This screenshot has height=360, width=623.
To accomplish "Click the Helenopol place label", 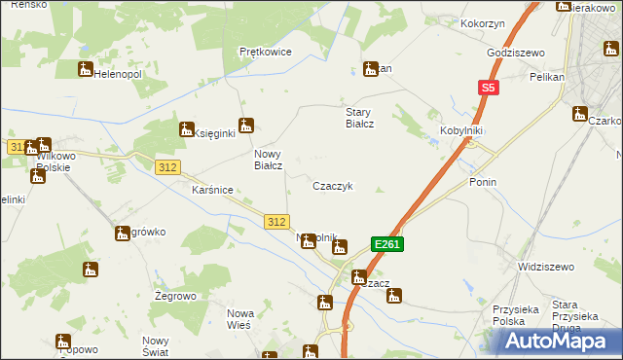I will pyautogui.click(x=118, y=74).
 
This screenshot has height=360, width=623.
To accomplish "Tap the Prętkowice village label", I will pyautogui.click(x=266, y=52).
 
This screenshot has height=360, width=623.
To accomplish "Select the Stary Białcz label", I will pyautogui.click(x=361, y=118).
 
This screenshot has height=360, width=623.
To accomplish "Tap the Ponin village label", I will pyautogui.click(x=483, y=182).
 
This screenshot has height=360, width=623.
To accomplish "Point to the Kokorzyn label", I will pyautogui.click(x=483, y=21).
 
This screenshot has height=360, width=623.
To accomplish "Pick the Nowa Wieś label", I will pyautogui.click(x=239, y=318).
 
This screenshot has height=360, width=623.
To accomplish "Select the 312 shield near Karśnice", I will pyautogui.click(x=167, y=167).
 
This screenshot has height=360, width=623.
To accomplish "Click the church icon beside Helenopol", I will pyautogui.click(x=85, y=69).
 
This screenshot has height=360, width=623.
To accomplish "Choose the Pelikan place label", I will pyautogui.click(x=547, y=76).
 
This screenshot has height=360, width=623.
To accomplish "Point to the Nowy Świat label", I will pyautogui.click(x=156, y=345).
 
